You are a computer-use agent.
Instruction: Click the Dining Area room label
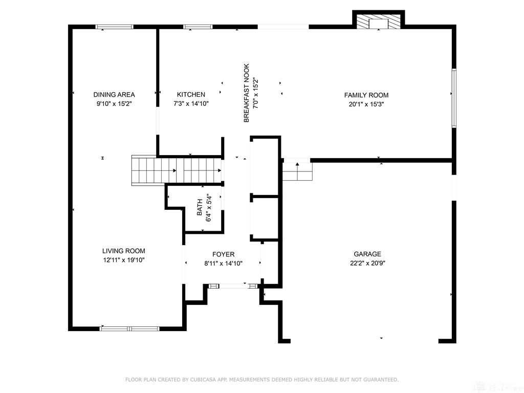click(x=114, y=95)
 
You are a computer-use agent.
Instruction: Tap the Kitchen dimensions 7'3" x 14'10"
click(x=191, y=104)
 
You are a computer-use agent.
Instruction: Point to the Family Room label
click(x=366, y=95)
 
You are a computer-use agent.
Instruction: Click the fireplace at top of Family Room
click(x=379, y=22)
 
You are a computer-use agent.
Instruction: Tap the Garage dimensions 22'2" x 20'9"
click(x=367, y=264)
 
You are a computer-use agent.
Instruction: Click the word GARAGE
click(x=367, y=254)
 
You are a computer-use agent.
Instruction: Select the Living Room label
click(x=123, y=251)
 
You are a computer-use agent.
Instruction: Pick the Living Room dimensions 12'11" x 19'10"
click(x=123, y=260)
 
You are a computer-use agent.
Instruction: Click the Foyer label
click(x=223, y=254)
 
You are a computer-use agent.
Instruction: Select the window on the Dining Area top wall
click(x=115, y=27)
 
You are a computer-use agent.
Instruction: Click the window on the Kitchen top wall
click(x=199, y=27)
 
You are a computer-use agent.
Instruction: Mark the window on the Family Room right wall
click(x=453, y=97)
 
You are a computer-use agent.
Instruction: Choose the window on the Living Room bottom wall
click(x=129, y=329)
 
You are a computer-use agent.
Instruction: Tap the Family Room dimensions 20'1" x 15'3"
click(x=366, y=104)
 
